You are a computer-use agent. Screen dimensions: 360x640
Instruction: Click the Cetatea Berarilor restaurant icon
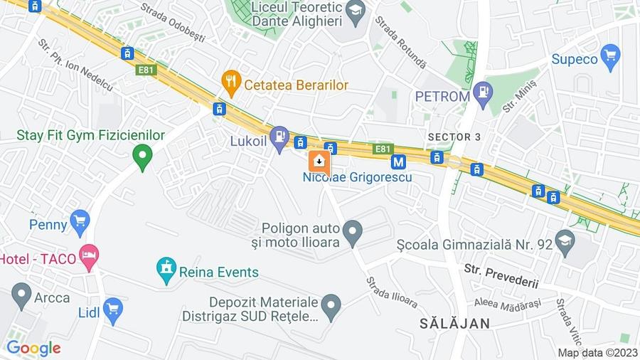tap(231, 83)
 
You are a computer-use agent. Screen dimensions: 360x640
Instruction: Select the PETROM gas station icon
tap(483, 94)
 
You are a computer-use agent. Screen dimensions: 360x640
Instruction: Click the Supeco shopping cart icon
tap(610, 56)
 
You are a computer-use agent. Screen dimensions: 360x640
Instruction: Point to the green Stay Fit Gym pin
tap(143, 156)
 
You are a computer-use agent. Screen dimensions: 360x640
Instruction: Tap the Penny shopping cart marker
tap(80, 221)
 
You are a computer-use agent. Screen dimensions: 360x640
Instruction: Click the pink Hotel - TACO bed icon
tap(89, 256)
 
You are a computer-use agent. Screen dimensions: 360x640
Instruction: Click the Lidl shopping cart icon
tap(112, 309)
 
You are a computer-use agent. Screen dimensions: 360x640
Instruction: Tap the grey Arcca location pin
tap(21, 295)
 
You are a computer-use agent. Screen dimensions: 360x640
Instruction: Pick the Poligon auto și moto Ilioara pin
tap(352, 231)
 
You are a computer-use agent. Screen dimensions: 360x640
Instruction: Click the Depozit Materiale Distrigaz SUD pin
tap(331, 307)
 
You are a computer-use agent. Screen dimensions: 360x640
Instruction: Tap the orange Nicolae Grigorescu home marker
tap(319, 162)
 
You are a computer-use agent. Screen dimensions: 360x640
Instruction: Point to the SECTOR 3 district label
tap(459, 136)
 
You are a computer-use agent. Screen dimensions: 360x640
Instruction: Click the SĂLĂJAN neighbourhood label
tap(454, 323)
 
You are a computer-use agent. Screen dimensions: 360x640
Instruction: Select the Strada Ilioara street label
tap(392, 292)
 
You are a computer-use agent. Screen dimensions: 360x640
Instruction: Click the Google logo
tap(33, 349)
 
